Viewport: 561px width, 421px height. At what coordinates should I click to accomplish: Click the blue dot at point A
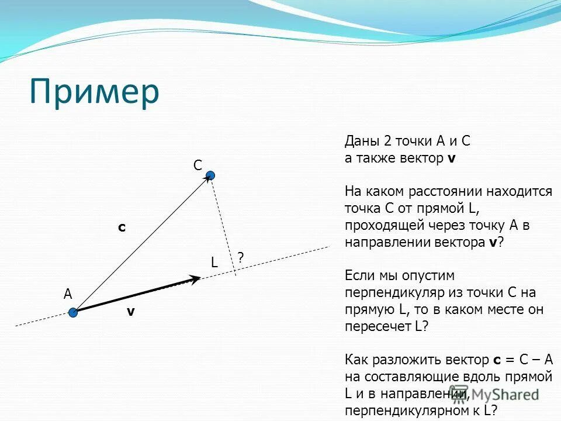click(x=72, y=313)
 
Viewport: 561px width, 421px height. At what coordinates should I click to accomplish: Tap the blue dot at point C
click(x=210, y=175)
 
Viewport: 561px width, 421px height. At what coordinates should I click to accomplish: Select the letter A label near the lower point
click(x=68, y=295)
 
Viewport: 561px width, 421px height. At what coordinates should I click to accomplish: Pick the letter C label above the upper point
click(x=198, y=166)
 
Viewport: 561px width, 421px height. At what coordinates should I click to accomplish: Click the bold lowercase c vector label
click(x=122, y=227)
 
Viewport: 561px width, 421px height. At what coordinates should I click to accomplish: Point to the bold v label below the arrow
click(x=131, y=312)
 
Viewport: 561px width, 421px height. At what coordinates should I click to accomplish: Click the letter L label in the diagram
click(x=214, y=263)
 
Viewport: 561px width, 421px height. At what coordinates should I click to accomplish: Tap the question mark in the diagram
click(x=240, y=257)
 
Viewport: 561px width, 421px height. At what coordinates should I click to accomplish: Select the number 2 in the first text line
click(x=387, y=142)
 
